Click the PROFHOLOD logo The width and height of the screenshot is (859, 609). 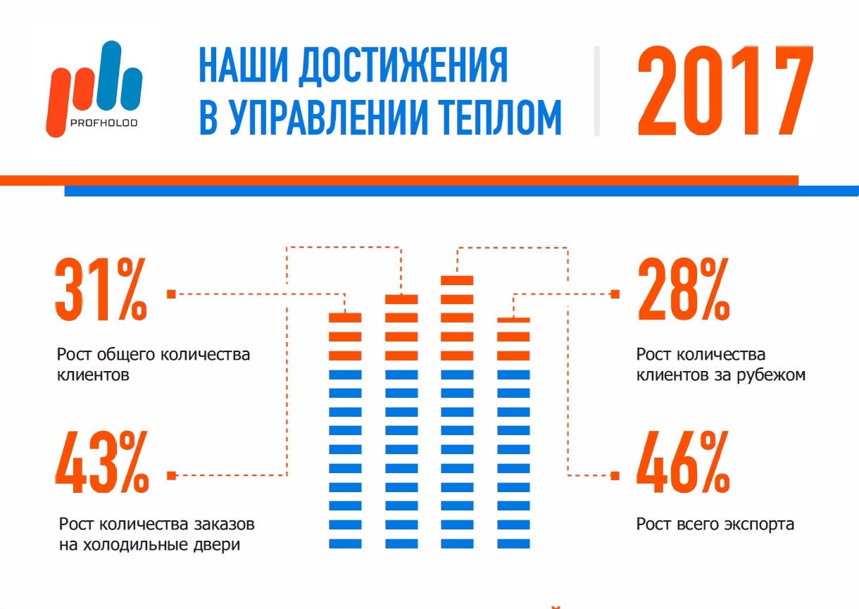[94, 89]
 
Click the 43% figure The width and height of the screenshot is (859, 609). [101, 461]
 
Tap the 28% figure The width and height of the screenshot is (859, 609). [683, 289]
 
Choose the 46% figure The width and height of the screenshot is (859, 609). [682, 461]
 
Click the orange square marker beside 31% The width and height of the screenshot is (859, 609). [171, 294]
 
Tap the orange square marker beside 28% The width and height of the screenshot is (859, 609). [615, 294]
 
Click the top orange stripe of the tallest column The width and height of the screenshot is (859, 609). [457, 280]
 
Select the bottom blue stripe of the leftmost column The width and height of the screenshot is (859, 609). [345, 544]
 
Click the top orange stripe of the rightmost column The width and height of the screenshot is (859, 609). [513, 321]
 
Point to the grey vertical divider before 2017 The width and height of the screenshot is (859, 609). [596, 91]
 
